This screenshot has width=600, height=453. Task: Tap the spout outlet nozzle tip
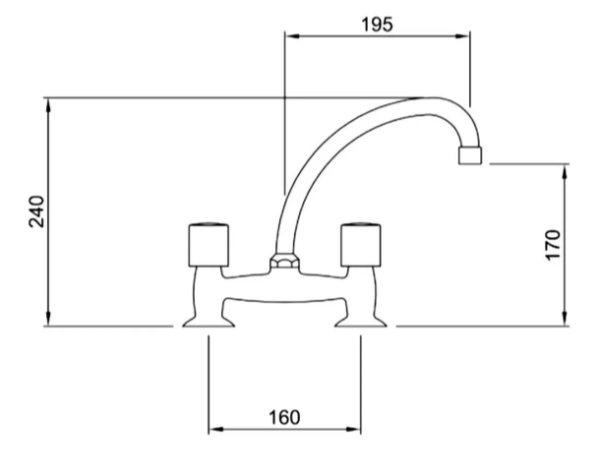[468, 156]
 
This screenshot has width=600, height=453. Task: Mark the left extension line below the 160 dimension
[207, 385]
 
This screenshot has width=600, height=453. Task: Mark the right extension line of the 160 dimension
[360, 385]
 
